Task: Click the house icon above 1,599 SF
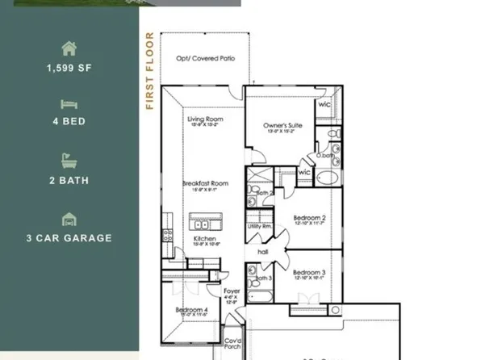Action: click(x=69, y=48)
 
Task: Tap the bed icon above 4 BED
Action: click(x=69, y=104)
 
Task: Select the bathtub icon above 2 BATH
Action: click(x=69, y=161)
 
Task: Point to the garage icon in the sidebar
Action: click(x=69, y=220)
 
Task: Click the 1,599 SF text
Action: click(x=69, y=68)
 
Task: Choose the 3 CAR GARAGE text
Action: click(x=69, y=238)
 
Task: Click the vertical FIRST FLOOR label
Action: click(x=149, y=70)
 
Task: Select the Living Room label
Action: click(x=204, y=119)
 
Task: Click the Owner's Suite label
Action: click(x=282, y=126)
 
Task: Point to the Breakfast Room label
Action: click(x=204, y=184)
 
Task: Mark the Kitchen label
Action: click(x=204, y=240)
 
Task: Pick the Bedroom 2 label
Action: click(x=309, y=219)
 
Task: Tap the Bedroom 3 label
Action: click(x=309, y=274)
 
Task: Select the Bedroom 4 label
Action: click(x=192, y=310)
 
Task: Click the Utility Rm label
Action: click(x=260, y=227)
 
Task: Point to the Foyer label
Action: click(x=232, y=291)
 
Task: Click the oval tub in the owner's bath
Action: click(x=328, y=178)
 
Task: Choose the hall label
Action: click(x=263, y=252)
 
